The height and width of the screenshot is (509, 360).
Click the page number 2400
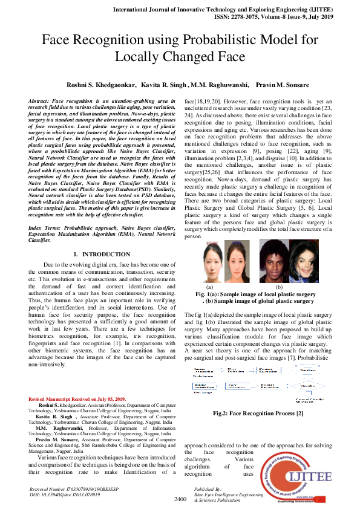point(180,499)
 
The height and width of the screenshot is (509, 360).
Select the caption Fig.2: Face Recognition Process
point(258,413)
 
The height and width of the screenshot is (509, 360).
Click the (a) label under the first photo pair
point(209,287)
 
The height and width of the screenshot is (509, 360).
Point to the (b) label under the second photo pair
point(279,287)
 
